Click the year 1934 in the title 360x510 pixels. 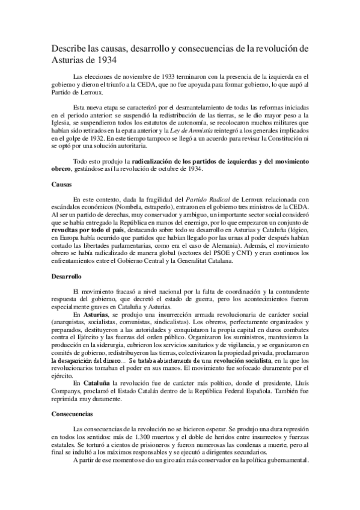coord(109,60)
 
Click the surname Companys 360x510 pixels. coord(66,392)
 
